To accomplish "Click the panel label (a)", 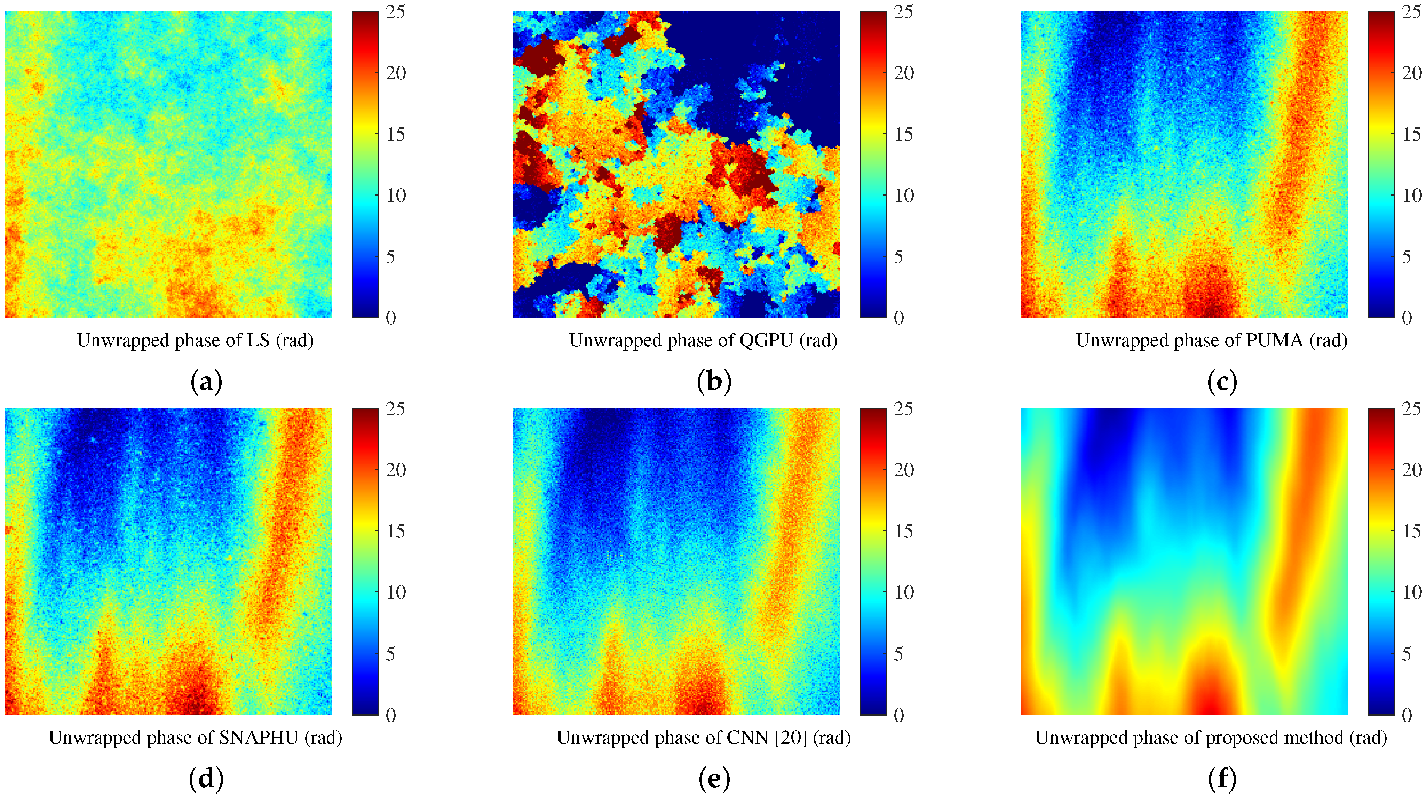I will tap(206, 382).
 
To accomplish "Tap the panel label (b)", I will tap(714, 382).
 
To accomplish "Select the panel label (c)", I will tap(1222, 382).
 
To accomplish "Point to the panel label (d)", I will tap(206, 779).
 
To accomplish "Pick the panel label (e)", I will tap(714, 779).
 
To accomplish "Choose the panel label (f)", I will tap(1222, 779).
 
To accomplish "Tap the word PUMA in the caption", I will tap(1274, 340).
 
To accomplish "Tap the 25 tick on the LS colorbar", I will tap(396, 12).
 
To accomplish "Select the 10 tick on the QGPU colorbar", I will tap(904, 196).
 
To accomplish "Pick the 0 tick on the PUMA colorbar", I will tap(1407, 318).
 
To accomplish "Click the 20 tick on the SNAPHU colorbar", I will tap(396, 470).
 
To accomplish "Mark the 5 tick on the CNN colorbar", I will tap(898, 654).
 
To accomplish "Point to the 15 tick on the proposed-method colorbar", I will tap(1412, 531).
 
